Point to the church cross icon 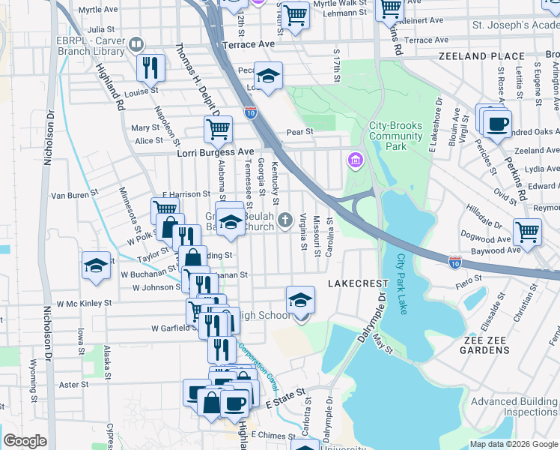(284, 220)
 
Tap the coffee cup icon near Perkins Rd (496, 124)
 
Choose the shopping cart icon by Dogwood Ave (528, 231)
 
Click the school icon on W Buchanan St (97, 266)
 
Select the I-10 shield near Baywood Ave (454, 262)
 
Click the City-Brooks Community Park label (395, 136)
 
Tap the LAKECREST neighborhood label (358, 283)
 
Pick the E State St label (286, 398)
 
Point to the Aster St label (73, 385)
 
